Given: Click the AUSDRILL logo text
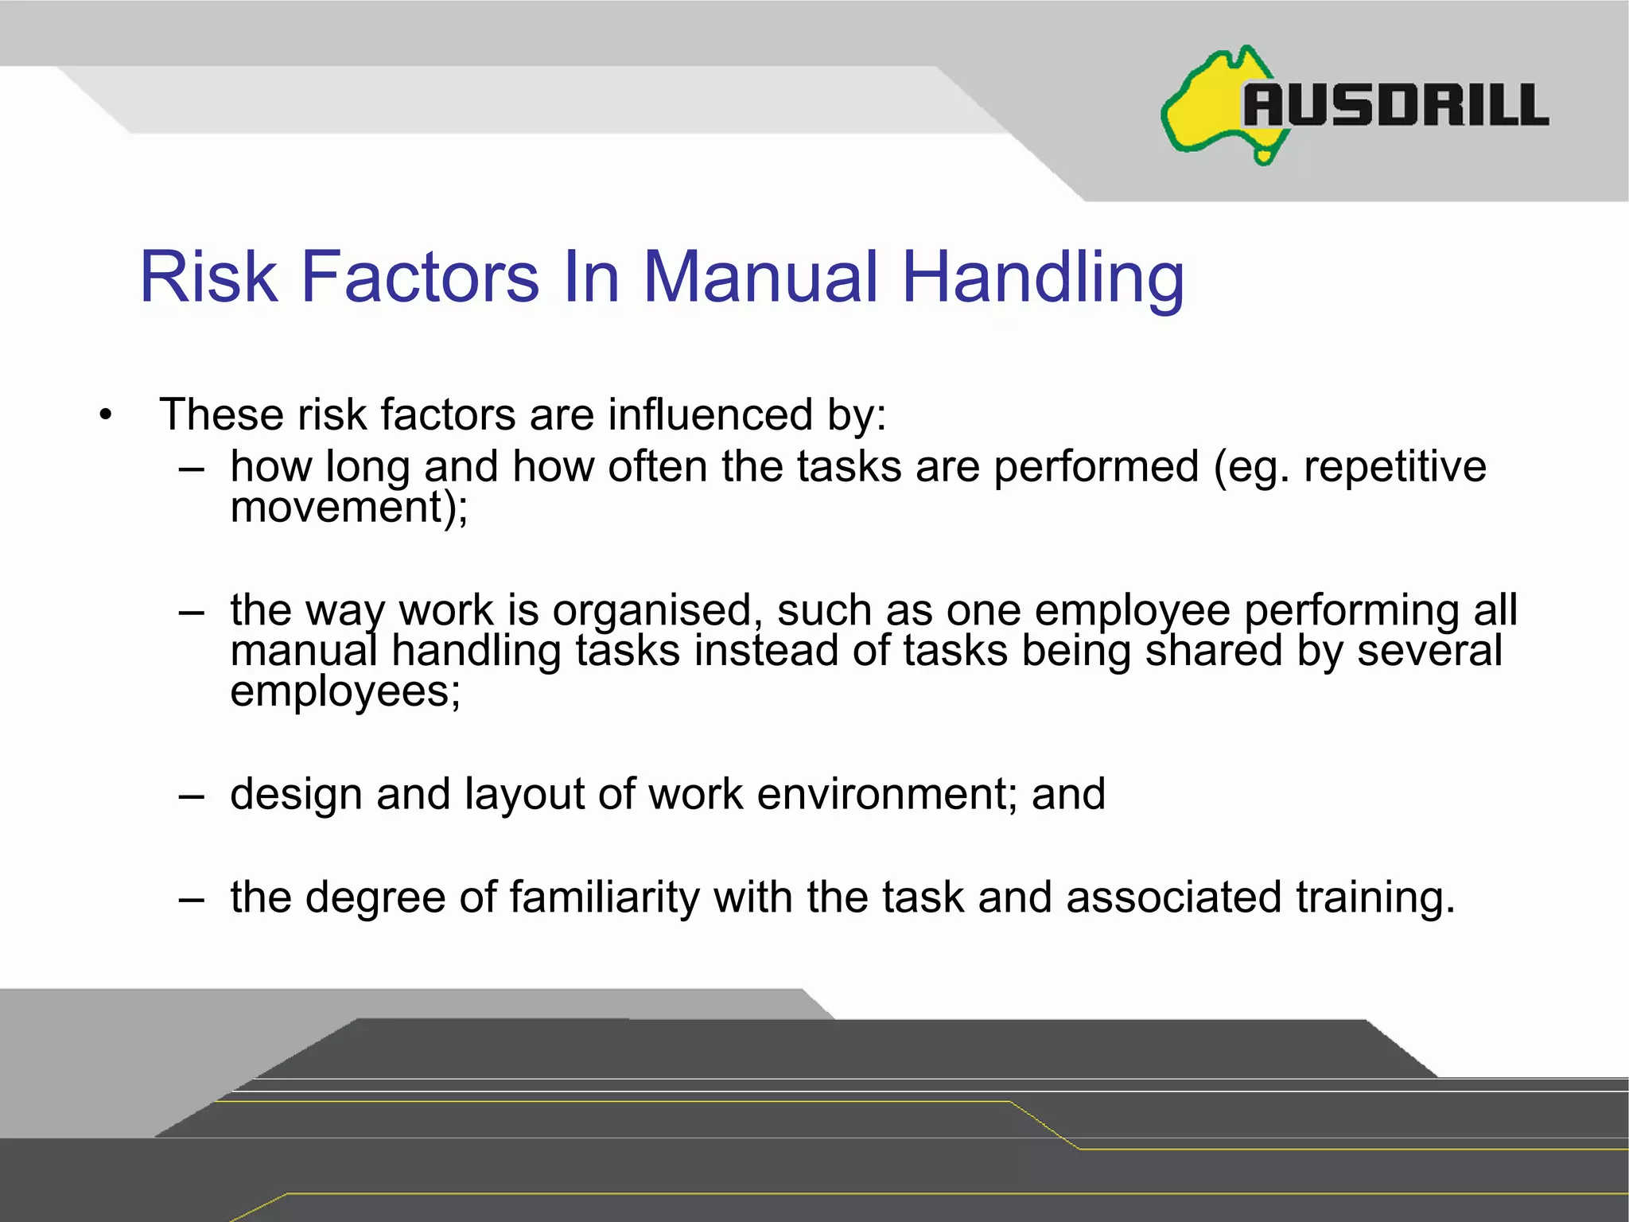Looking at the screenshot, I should coord(1396,105).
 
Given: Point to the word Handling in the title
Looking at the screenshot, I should coord(1043,278).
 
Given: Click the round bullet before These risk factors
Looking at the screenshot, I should coord(106,414).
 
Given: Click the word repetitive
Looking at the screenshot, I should coord(1394,466).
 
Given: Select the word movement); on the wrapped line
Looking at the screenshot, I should coord(349,507).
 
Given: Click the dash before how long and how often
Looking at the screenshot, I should coord(192,469).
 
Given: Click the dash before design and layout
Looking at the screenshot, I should coord(192,796).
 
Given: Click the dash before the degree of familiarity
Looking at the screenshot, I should coord(192,900).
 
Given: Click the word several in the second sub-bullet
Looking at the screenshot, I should coord(1429,651).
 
